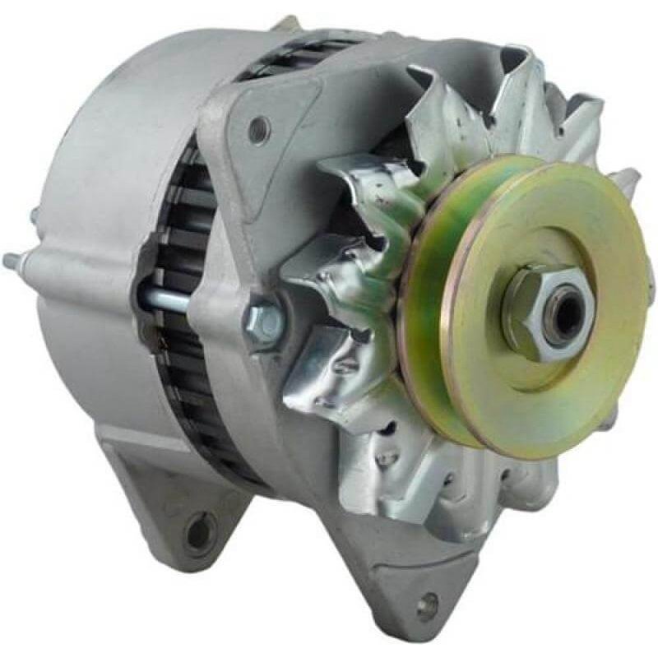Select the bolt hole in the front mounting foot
click(x=426, y=607)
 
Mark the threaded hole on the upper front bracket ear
click(x=259, y=127)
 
